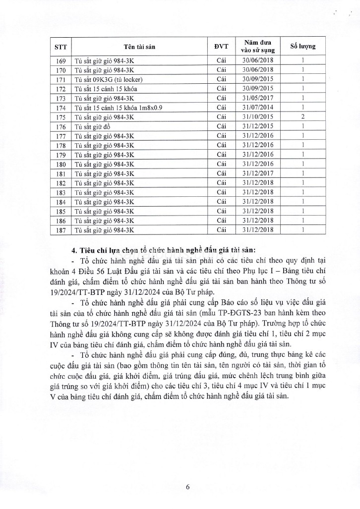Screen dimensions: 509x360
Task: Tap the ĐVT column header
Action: (x=221, y=47)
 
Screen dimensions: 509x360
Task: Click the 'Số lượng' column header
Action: (x=302, y=47)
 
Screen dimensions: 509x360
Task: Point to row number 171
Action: (x=61, y=79)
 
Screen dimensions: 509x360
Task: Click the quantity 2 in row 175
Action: (x=302, y=117)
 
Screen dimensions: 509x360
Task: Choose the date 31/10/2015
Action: (x=258, y=117)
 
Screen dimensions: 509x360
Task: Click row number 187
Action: (x=61, y=230)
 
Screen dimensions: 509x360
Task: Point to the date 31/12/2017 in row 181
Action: (x=258, y=173)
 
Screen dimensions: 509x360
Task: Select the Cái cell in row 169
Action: (x=221, y=60)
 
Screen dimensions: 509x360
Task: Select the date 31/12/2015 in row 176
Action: (x=258, y=126)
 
